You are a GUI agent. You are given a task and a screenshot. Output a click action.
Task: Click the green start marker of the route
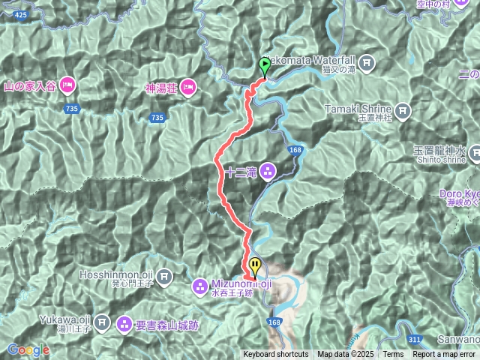click(264, 65)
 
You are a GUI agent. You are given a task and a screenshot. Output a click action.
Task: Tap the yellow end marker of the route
click(256, 265)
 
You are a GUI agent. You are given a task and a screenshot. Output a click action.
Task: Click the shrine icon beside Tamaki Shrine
click(403, 112)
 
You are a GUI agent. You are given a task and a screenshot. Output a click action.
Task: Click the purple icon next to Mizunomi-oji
click(200, 285)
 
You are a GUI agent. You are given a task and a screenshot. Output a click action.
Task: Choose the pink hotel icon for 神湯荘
click(187, 86)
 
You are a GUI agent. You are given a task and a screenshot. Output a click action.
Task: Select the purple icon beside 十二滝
click(268, 172)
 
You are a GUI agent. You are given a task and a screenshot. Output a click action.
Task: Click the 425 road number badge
click(20, 14)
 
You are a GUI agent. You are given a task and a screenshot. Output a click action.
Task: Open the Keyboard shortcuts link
click(275, 355)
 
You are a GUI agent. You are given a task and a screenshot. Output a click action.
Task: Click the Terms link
click(393, 355)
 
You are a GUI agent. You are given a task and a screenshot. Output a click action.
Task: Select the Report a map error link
click(444, 355)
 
